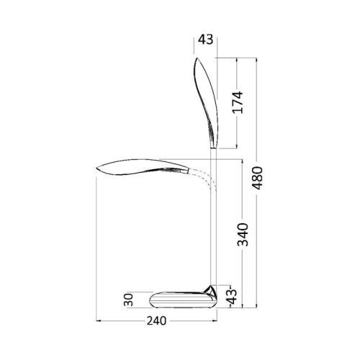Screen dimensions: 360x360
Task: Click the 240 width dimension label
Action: point(156,320)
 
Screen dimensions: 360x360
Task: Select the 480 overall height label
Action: point(258,178)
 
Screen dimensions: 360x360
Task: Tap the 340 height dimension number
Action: point(243,235)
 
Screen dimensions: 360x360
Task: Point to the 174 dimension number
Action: point(238,102)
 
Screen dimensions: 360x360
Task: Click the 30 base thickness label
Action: point(129,300)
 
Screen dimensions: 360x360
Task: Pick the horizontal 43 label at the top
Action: point(205,40)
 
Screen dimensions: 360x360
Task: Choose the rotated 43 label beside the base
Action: point(233,297)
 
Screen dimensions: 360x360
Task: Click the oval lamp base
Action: point(183,300)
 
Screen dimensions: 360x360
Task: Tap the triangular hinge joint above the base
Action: point(210,291)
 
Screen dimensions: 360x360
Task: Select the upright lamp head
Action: point(206,103)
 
